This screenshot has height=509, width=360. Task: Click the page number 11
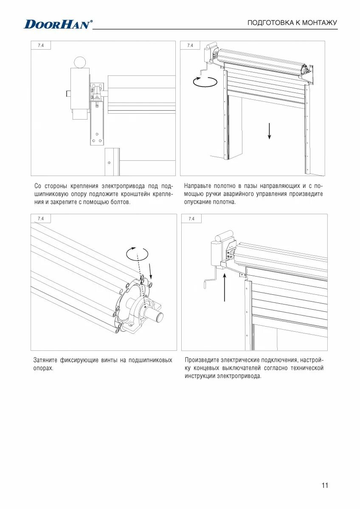tap(325, 486)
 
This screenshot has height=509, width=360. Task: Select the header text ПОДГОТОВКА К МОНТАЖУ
tap(292, 22)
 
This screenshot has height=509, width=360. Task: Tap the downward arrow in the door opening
tap(269, 130)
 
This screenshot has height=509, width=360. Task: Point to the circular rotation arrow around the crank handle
tap(205, 81)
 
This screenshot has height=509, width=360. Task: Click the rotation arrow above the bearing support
tap(138, 254)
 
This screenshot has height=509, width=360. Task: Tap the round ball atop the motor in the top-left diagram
tap(79, 62)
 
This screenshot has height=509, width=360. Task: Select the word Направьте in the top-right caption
tap(198, 186)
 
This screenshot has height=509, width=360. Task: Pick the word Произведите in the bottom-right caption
tap(202, 360)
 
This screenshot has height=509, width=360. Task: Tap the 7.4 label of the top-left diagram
tap(41, 46)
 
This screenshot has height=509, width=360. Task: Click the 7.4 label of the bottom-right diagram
tap(191, 219)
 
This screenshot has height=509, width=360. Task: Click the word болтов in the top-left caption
tap(120, 202)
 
